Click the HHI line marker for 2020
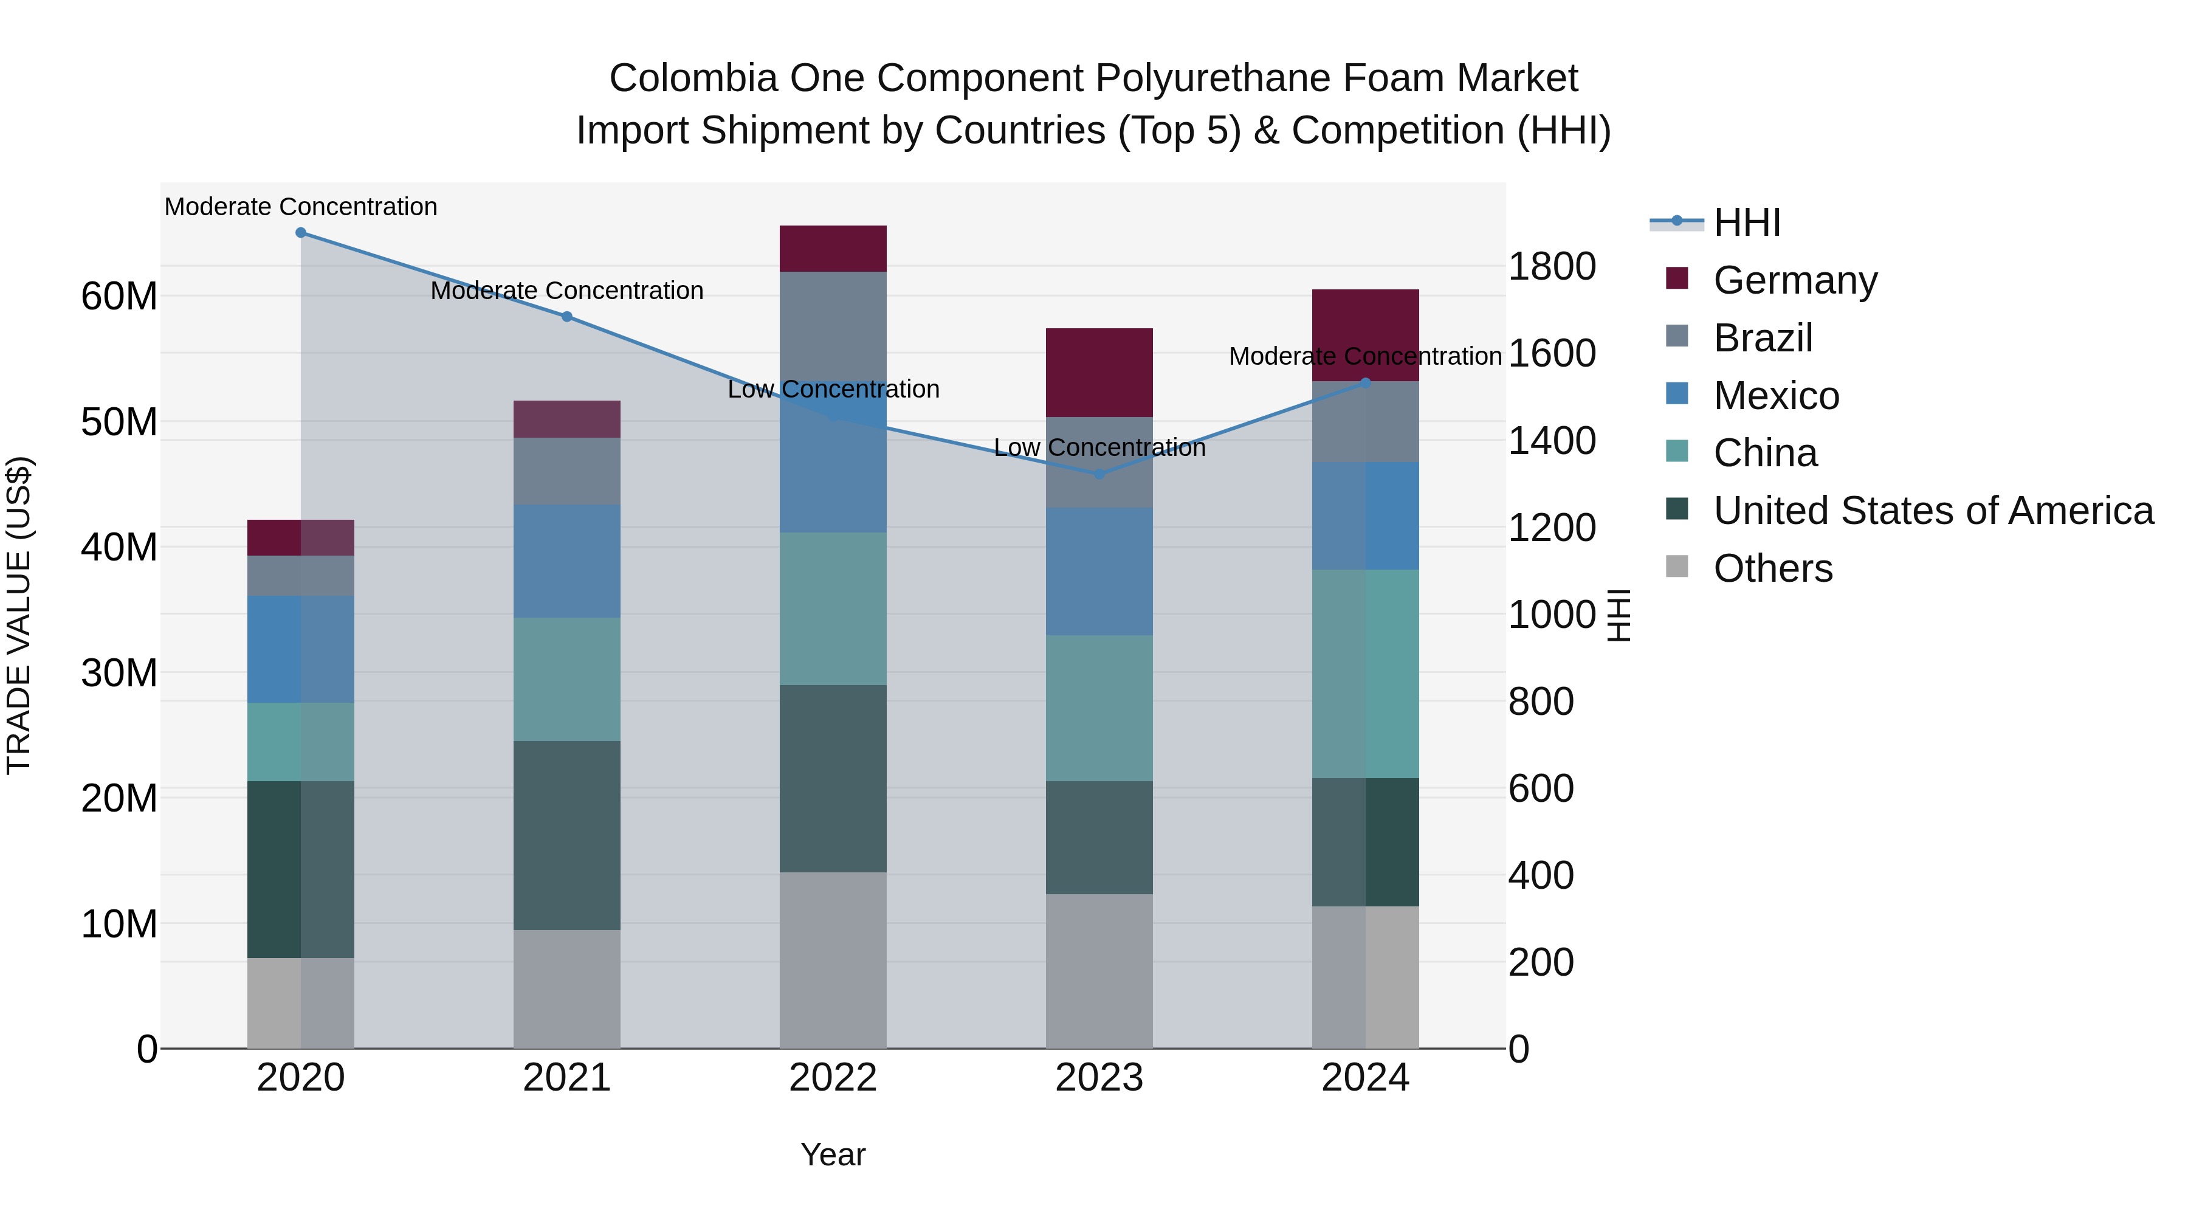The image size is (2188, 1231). (301, 233)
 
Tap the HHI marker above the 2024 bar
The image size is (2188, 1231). (1366, 383)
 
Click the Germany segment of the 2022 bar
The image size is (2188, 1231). (833, 249)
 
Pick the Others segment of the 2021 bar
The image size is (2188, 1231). (566, 989)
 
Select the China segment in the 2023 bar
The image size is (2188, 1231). (1099, 708)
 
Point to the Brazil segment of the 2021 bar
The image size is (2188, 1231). (566, 472)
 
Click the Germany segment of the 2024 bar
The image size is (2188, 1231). (1366, 335)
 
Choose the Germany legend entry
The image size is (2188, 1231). (1795, 280)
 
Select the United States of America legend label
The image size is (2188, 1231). (1933, 511)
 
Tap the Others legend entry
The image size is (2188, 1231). (1773, 568)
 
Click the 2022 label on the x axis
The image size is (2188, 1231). (833, 1078)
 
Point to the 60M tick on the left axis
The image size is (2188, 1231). (119, 297)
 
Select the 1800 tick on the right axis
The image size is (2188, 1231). (1552, 267)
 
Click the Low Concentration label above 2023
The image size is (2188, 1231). (1099, 447)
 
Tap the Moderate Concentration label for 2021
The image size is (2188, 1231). (566, 291)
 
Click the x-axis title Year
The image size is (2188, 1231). (833, 1154)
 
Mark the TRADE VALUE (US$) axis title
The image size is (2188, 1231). (19, 615)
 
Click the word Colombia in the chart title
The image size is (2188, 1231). (693, 78)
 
